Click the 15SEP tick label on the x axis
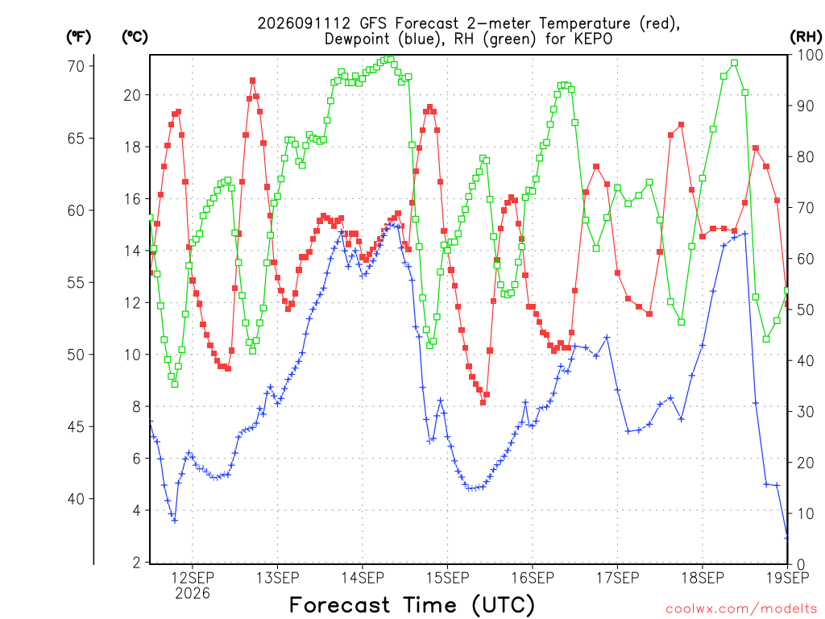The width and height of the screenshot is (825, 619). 447,578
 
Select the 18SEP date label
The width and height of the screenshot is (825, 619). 703,578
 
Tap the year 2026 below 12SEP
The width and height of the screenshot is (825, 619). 192,594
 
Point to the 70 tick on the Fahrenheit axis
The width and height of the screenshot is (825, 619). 76,66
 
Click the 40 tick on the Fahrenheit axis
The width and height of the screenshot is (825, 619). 76,499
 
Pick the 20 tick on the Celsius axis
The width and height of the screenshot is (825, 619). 133,95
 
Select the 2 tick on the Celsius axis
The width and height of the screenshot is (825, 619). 137,563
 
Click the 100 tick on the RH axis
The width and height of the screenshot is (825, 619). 810,55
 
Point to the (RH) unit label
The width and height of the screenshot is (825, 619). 806,37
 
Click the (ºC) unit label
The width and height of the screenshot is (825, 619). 135,37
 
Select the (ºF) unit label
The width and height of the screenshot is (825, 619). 78,37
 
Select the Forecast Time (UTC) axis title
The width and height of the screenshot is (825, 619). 412,605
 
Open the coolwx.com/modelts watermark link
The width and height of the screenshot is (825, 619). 741,609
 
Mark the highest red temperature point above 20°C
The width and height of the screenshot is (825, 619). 252,81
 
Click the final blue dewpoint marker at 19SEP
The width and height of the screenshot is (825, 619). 787,538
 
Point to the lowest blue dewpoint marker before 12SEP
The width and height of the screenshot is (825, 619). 175,521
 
